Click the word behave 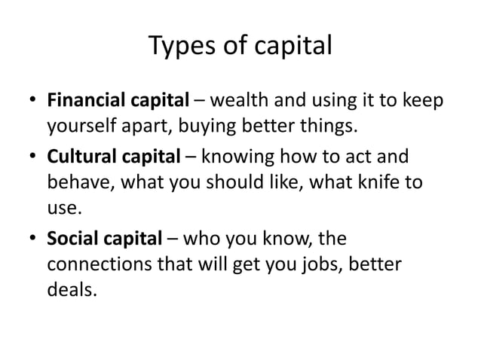point(76,182)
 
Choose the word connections point(96,265)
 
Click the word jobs point(323,265)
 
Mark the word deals point(71,288)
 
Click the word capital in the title point(291,47)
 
